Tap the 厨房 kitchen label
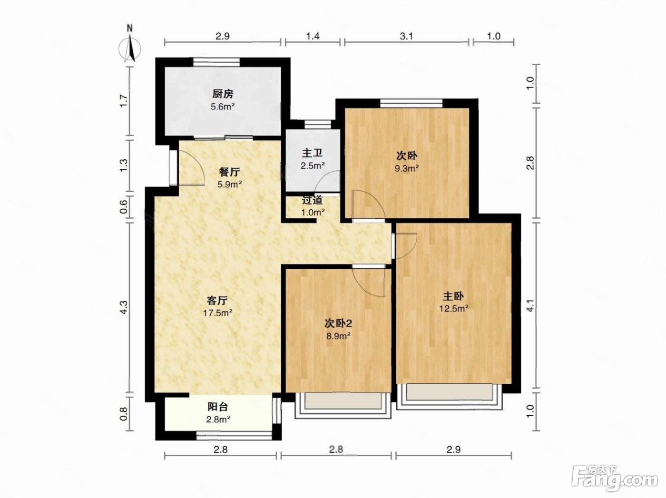pyautogui.click(x=223, y=94)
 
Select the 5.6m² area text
pyautogui.click(x=223, y=107)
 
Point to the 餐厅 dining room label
pyautogui.click(x=229, y=172)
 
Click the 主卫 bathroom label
pyautogui.click(x=312, y=153)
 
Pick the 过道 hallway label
pyautogui.click(x=312, y=200)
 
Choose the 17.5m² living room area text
pyautogui.click(x=217, y=312)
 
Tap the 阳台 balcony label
pyautogui.click(x=217, y=406)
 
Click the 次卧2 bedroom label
pyautogui.click(x=338, y=323)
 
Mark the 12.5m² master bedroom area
pyautogui.click(x=454, y=308)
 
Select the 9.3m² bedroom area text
pyautogui.click(x=407, y=168)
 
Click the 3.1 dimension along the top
pyautogui.click(x=406, y=37)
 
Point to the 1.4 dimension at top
pyautogui.click(x=313, y=37)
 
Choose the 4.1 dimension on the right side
pyautogui.click(x=530, y=305)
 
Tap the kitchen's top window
pyautogui.click(x=216, y=62)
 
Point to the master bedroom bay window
pyautogui.click(x=450, y=397)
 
